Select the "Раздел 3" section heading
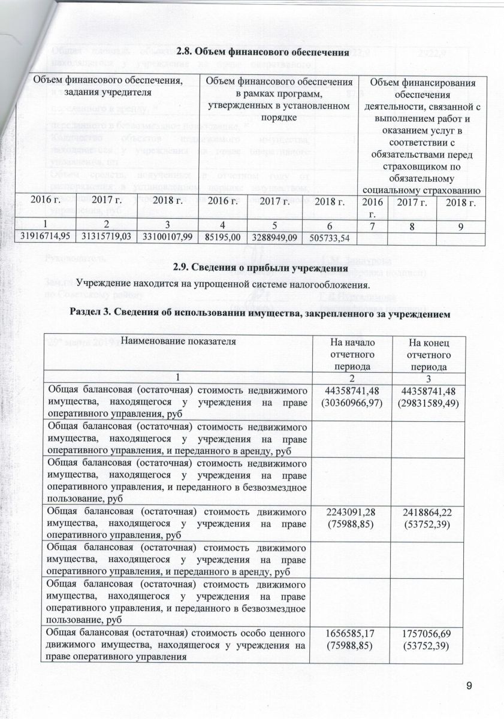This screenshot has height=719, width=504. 260,312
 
